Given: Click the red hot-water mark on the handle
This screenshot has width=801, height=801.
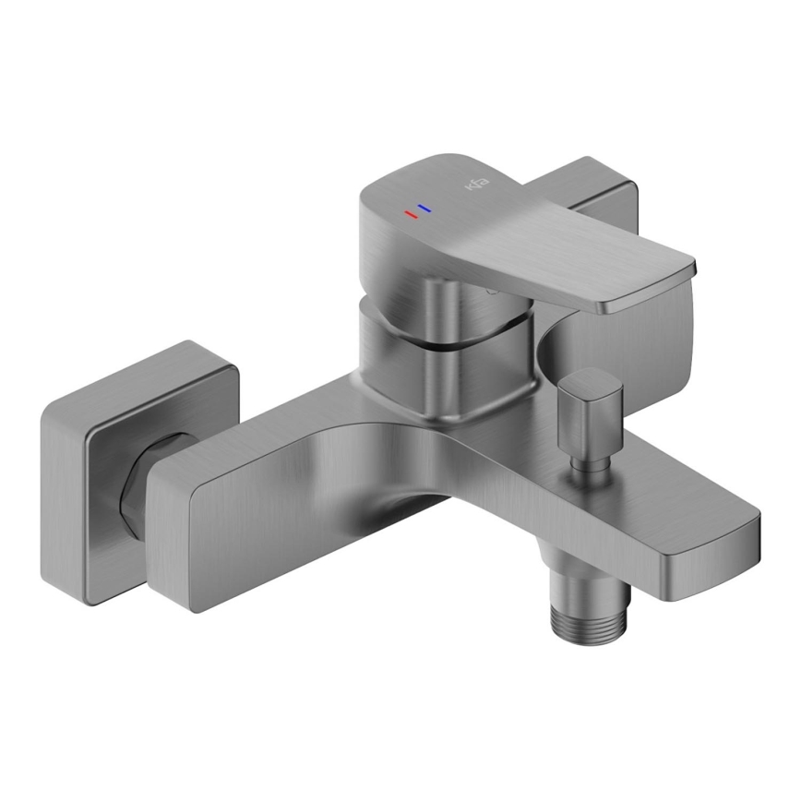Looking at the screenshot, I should [410, 214].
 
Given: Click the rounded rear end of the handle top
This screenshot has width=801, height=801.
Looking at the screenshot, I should [388, 189].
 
